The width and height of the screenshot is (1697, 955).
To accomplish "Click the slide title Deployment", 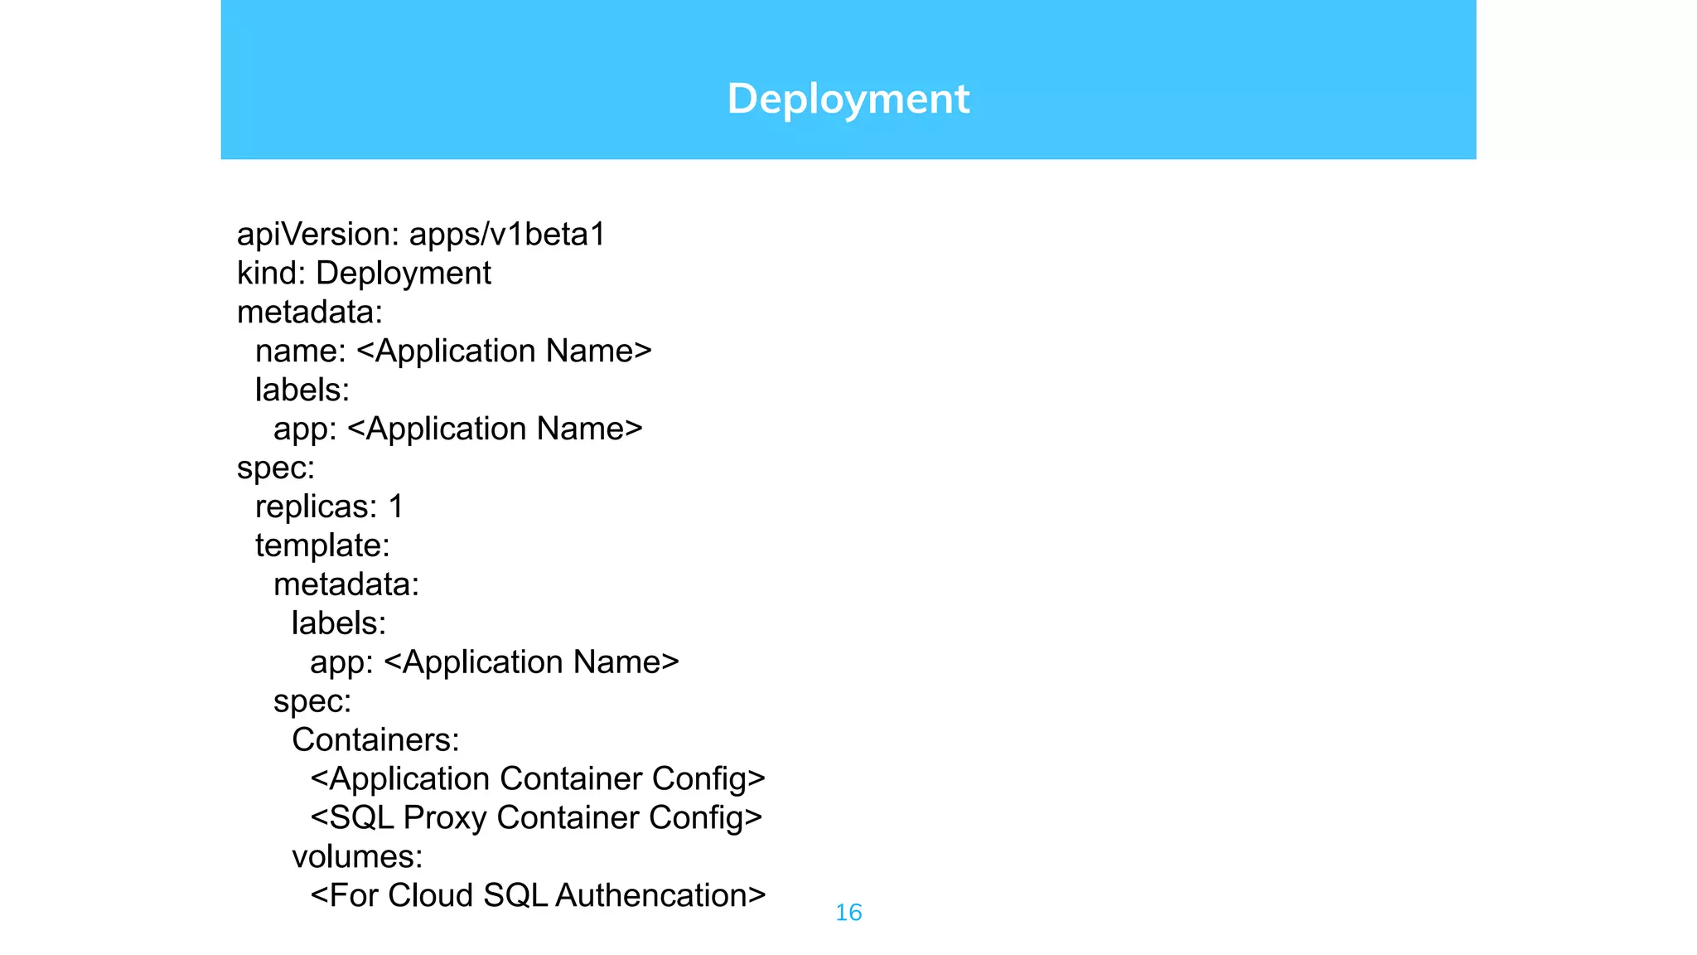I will point(848,99).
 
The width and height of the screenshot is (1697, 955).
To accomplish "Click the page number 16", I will point(848,913).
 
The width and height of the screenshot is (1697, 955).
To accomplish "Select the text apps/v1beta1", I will point(507,235).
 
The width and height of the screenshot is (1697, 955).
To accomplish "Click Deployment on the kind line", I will point(404,274).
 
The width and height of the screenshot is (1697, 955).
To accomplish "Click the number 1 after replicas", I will point(396,507).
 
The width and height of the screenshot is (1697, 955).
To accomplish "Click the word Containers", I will point(370,740).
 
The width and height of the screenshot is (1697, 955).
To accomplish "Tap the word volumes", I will point(353,857).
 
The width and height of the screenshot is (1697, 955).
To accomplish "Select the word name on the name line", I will point(296,351).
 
